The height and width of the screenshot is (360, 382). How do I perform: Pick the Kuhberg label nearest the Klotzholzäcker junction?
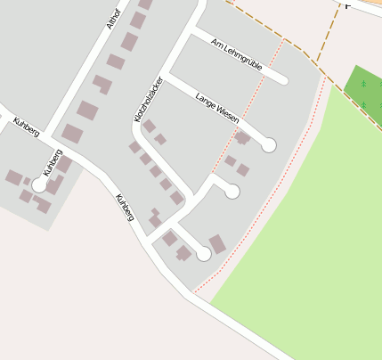[x=125, y=207]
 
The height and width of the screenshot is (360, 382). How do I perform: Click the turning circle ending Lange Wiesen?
[x=268, y=144]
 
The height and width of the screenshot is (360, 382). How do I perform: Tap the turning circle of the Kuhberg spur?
[x=39, y=186]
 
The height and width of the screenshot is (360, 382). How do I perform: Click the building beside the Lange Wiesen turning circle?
[x=242, y=138]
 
